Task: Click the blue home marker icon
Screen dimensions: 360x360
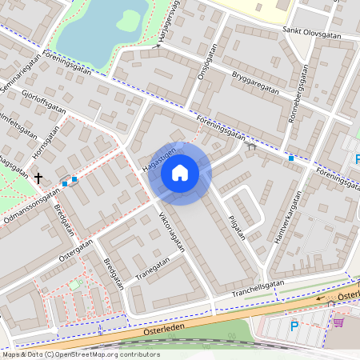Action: pos(180,173)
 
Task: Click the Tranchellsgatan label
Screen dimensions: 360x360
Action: pos(258,287)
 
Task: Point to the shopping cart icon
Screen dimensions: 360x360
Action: pos(338,322)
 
